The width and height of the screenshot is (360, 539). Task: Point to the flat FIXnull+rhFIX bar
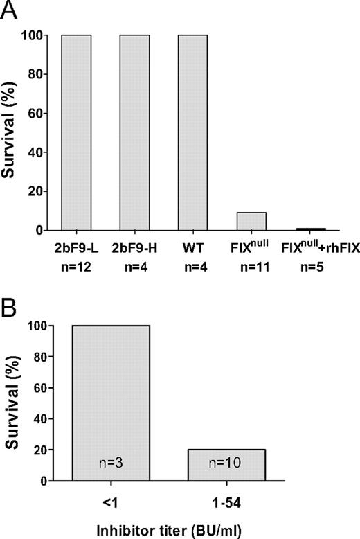pos(309,229)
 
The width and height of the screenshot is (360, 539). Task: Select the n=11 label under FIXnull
pos(251,263)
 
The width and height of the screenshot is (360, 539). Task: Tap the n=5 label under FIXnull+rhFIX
pos(309,263)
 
